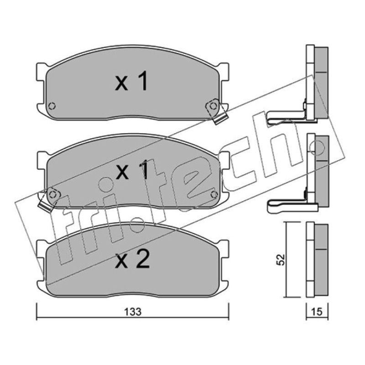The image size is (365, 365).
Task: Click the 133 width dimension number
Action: coord(133,312)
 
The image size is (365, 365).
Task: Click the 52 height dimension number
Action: coord(281,260)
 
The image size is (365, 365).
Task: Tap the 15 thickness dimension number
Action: coord(317,312)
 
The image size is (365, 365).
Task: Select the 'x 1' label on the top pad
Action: coord(131,81)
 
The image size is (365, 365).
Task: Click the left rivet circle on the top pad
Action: coord(52,106)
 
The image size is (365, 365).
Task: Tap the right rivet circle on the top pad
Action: coord(213,106)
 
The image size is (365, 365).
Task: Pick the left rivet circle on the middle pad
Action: coord(53,195)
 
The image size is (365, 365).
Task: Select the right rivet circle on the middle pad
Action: coord(214,195)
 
